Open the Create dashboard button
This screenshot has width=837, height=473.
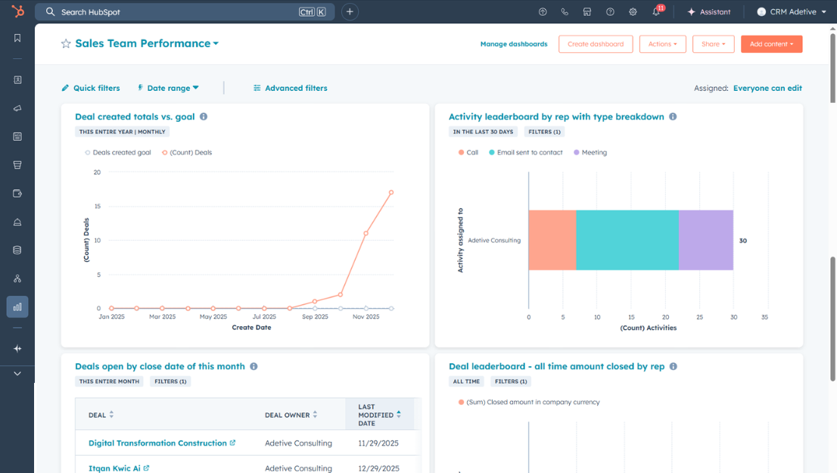pyautogui.click(x=596, y=44)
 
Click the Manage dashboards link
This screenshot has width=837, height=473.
pyautogui.click(x=513, y=44)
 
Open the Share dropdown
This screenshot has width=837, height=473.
pyautogui.click(x=713, y=44)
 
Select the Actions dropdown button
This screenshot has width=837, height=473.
pyautogui.click(x=662, y=44)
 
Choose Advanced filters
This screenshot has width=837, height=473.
pyautogui.click(x=291, y=89)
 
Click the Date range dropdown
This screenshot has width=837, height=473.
pyautogui.click(x=168, y=89)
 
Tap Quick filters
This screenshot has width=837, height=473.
pyautogui.click(x=91, y=89)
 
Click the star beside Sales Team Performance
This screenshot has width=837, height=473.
pyautogui.click(x=66, y=44)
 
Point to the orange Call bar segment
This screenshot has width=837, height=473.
pyautogui.click(x=552, y=240)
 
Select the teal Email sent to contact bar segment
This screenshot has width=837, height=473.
pyautogui.click(x=627, y=240)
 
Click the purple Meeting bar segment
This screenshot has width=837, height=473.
pyautogui.click(x=705, y=240)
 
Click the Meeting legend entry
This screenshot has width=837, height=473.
pyautogui.click(x=590, y=153)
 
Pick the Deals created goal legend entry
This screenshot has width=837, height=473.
pyautogui.click(x=118, y=153)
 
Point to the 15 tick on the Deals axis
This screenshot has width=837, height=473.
pyautogui.click(x=97, y=207)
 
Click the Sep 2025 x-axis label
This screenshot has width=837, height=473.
pyautogui.click(x=315, y=317)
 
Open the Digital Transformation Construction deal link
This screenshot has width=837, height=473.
pyautogui.click(x=157, y=443)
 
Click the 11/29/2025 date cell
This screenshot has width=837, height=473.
pyautogui.click(x=378, y=443)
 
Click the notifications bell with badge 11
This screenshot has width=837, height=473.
pyautogui.click(x=656, y=12)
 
